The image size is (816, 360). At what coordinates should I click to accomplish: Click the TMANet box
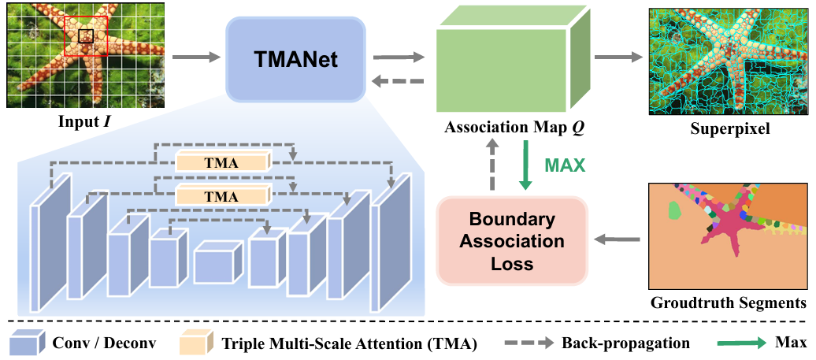pyautogui.click(x=296, y=58)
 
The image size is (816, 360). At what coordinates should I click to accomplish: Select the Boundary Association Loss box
pyautogui.click(x=512, y=242)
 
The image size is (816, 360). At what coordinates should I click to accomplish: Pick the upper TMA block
pyautogui.click(x=222, y=161)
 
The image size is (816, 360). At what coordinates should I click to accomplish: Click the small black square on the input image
pyautogui.click(x=86, y=35)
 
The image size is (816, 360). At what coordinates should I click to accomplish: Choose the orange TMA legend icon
pyautogui.click(x=193, y=343)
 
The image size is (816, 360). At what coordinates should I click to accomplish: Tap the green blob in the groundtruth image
pyautogui.click(x=673, y=210)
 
